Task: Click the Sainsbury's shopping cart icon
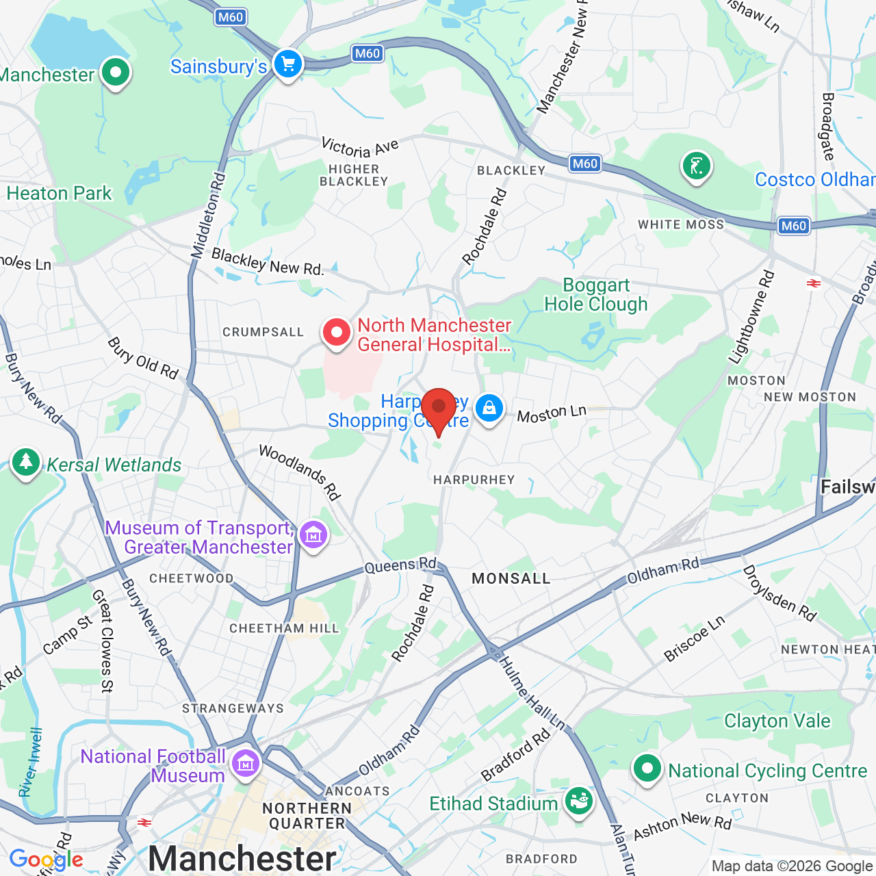pyautogui.click(x=288, y=65)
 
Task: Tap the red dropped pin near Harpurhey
pyautogui.click(x=439, y=407)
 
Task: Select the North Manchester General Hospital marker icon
pyautogui.click(x=337, y=333)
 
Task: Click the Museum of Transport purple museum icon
pyautogui.click(x=313, y=535)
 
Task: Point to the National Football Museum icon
pyautogui.click(x=245, y=762)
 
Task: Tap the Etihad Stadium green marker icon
pyautogui.click(x=579, y=801)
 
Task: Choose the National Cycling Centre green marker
pyautogui.click(x=647, y=769)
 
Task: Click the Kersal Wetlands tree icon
pyautogui.click(x=26, y=462)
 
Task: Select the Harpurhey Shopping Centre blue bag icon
pyautogui.click(x=489, y=409)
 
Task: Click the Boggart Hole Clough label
pyautogui.click(x=595, y=295)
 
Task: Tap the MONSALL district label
pyautogui.click(x=511, y=579)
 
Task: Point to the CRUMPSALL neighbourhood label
pyautogui.click(x=263, y=333)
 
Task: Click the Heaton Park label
pyautogui.click(x=59, y=194)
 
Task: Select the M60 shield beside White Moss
pyautogui.click(x=793, y=226)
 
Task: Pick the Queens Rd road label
pyautogui.click(x=400, y=566)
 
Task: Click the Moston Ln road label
pyautogui.click(x=552, y=414)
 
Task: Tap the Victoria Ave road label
pyautogui.click(x=360, y=148)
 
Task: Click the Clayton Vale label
pyautogui.click(x=777, y=721)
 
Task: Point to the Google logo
pyautogui.click(x=46, y=860)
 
